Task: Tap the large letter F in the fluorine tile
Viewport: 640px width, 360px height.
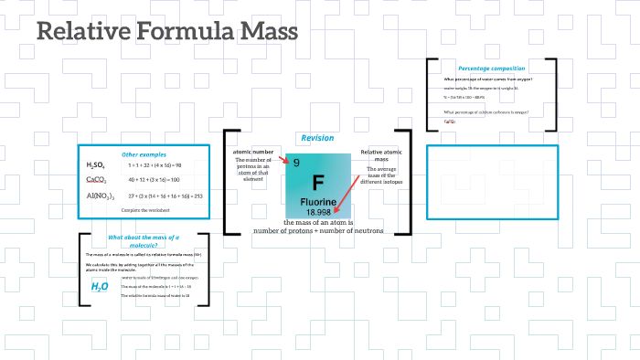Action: (318, 182)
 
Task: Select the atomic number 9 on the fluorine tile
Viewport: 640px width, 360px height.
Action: (296, 163)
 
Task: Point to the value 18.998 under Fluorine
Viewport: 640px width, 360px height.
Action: (319, 212)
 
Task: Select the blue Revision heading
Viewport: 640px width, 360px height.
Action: (317, 138)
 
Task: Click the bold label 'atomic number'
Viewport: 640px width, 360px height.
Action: (253, 152)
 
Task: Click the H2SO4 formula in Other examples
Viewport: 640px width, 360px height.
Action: (97, 165)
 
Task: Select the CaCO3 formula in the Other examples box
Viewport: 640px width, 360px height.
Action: (97, 180)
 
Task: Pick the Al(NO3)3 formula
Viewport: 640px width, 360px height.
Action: (100, 196)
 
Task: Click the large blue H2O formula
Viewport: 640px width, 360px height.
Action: (100, 286)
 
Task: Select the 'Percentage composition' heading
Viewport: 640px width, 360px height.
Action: (491, 69)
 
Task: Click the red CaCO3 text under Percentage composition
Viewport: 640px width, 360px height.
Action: (450, 121)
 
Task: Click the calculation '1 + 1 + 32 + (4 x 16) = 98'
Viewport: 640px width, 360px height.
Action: (155, 165)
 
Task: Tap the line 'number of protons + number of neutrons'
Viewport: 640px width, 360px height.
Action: (318, 230)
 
